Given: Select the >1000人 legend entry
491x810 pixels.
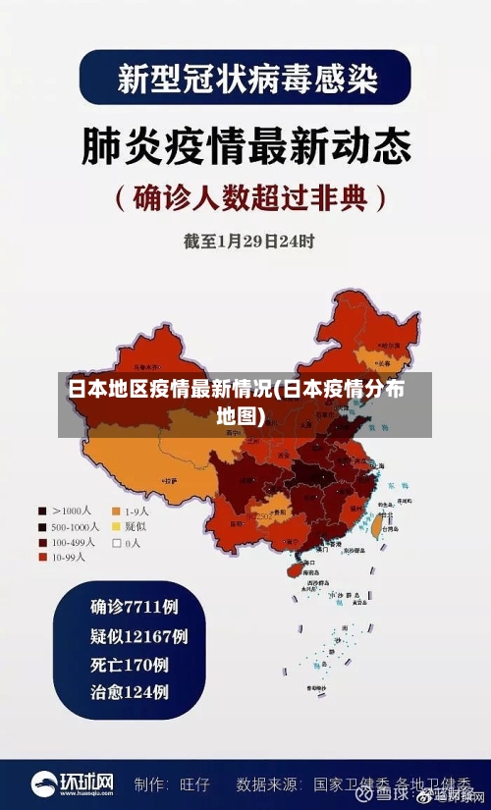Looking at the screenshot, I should pyautogui.click(x=65, y=511).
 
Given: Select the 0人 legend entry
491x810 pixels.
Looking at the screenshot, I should pyautogui.click(x=128, y=542).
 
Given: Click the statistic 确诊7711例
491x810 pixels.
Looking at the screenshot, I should pyautogui.click(x=135, y=606).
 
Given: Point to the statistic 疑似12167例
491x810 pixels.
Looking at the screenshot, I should pyautogui.click(x=139, y=635).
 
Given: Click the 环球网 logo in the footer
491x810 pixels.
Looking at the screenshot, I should pyautogui.click(x=73, y=784).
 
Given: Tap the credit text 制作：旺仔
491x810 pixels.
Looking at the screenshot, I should pyautogui.click(x=172, y=785).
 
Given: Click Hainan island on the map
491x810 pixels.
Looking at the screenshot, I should pyautogui.click(x=294, y=567).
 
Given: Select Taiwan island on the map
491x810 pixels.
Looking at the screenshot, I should pyautogui.click(x=375, y=525).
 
